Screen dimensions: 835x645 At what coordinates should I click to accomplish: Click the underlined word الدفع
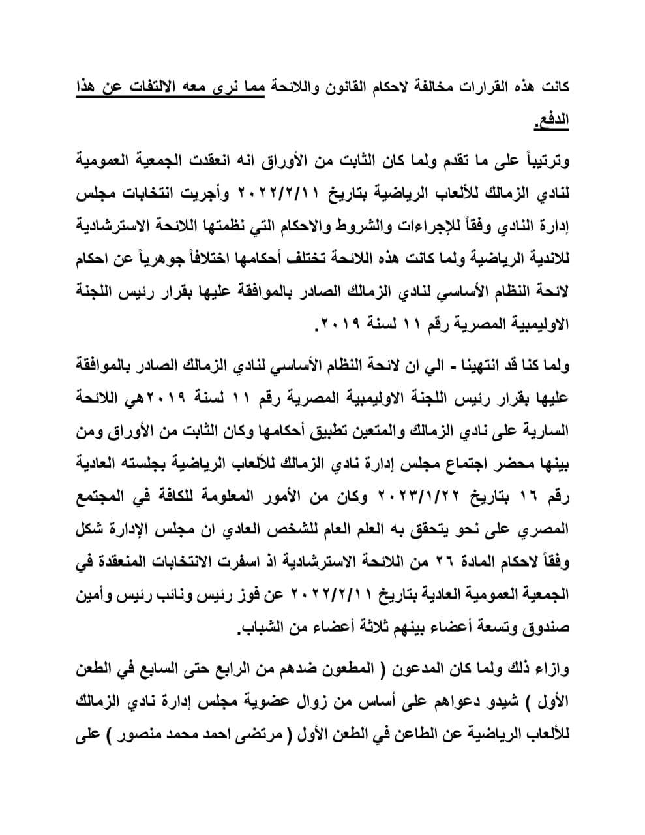click(550, 121)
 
